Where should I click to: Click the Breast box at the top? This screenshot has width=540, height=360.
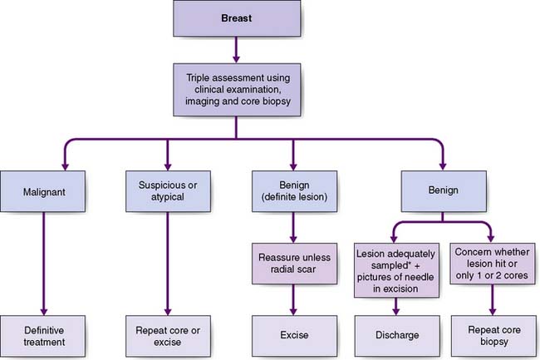tap(238, 18)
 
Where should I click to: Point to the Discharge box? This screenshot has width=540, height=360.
tap(398, 335)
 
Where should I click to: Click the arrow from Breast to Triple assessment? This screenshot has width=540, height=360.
tap(238, 52)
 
